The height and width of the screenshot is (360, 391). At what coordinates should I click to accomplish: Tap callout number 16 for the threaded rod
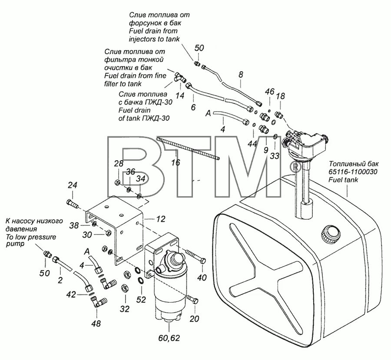coord(175,163)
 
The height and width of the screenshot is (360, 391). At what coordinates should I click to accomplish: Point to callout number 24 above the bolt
coord(72,185)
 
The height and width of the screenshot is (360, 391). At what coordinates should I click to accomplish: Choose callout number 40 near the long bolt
coord(202,277)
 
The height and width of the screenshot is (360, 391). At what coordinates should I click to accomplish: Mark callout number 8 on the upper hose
coord(241,74)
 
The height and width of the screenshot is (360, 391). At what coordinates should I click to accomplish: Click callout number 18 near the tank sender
coord(280,96)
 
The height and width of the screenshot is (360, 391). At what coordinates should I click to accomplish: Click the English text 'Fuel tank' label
coord(343,180)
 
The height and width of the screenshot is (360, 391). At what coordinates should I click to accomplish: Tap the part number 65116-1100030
coord(353,172)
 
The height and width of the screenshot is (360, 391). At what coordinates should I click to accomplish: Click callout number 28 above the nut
coord(119,163)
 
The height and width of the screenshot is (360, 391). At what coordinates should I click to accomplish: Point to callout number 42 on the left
coord(71,294)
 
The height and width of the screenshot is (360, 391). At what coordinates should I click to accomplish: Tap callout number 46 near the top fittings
coord(270,92)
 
